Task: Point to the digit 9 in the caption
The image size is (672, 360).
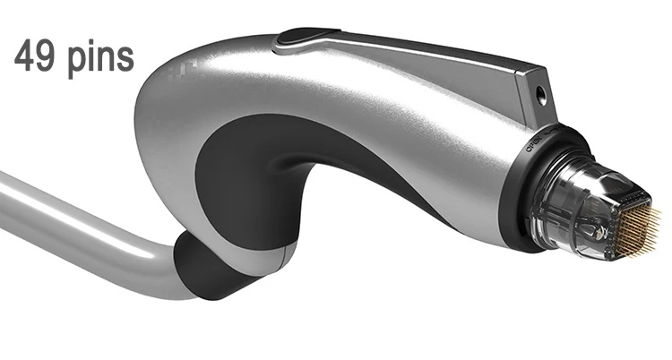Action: point(43,56)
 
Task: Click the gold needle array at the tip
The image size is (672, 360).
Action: point(647,222)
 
